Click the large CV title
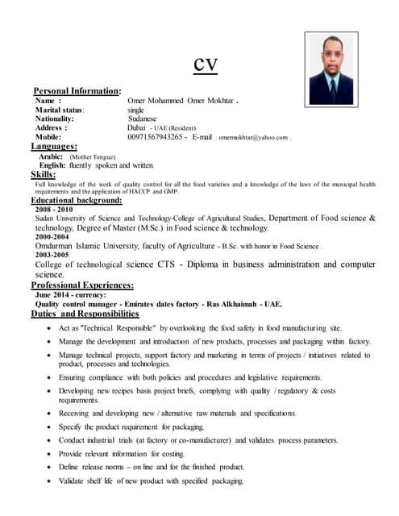[x=206, y=64]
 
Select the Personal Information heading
[x=77, y=91]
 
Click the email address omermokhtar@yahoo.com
[x=251, y=138]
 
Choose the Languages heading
[x=54, y=147]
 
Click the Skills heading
[x=44, y=174]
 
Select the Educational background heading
[x=77, y=200]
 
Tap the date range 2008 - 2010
[x=53, y=209]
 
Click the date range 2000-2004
[x=51, y=237]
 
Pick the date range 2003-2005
[x=52, y=255]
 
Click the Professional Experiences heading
[x=82, y=285]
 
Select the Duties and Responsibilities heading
[x=85, y=314]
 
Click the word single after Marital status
[x=135, y=109]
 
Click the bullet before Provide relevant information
[x=52, y=455]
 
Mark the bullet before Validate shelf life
[x=52, y=481]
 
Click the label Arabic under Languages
[x=52, y=156]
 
